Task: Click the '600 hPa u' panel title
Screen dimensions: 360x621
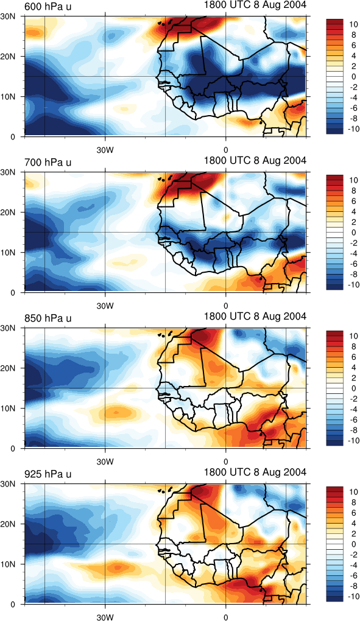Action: pyautogui.click(x=48, y=7)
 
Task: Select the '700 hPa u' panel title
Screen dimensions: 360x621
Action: pyautogui.click(x=48, y=163)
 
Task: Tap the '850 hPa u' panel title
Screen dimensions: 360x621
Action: pyautogui.click(x=48, y=318)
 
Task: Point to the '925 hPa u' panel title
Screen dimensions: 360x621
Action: pyautogui.click(x=48, y=474)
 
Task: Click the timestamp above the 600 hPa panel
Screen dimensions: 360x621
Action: pyautogui.click(x=255, y=5)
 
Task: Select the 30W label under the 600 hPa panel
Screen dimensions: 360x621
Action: pyautogui.click(x=105, y=150)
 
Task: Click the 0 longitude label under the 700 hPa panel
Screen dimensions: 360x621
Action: pyautogui.click(x=226, y=306)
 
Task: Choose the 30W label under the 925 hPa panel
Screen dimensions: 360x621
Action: pyautogui.click(x=105, y=617)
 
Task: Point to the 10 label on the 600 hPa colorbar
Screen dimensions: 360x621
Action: pyautogui.click(x=353, y=24)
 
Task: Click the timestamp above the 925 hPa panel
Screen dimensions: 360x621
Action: pyautogui.click(x=255, y=472)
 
